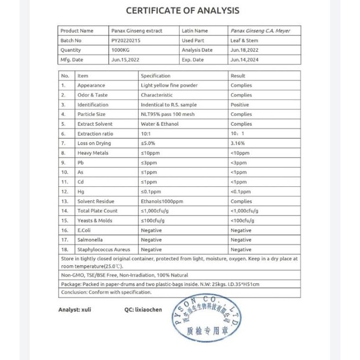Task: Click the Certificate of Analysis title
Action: tap(182, 10)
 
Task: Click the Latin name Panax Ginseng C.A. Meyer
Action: tap(261, 31)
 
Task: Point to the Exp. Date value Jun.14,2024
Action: tap(244, 60)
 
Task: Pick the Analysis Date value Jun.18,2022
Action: tap(244, 50)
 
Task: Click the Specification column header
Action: tap(155, 76)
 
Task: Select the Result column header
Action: tap(238, 76)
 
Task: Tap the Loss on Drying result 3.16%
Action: tap(238, 143)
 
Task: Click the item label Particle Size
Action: tap(91, 114)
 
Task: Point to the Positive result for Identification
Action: tap(240, 105)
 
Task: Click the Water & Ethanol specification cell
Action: tap(160, 124)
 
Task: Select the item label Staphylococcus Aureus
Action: tap(104, 249)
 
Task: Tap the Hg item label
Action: tap(80, 192)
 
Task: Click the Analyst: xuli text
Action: tap(74, 310)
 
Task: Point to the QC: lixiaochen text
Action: tap(144, 310)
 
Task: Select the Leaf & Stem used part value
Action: tap(244, 40)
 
